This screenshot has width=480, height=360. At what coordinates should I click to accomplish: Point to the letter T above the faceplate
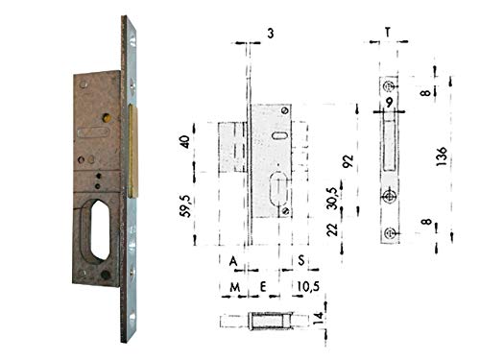click(387, 31)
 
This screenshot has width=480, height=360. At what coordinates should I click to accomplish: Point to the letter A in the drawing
click(235, 260)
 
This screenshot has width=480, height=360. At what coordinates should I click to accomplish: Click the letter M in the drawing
click(233, 286)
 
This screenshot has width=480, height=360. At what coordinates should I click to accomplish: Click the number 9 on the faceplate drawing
click(389, 100)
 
